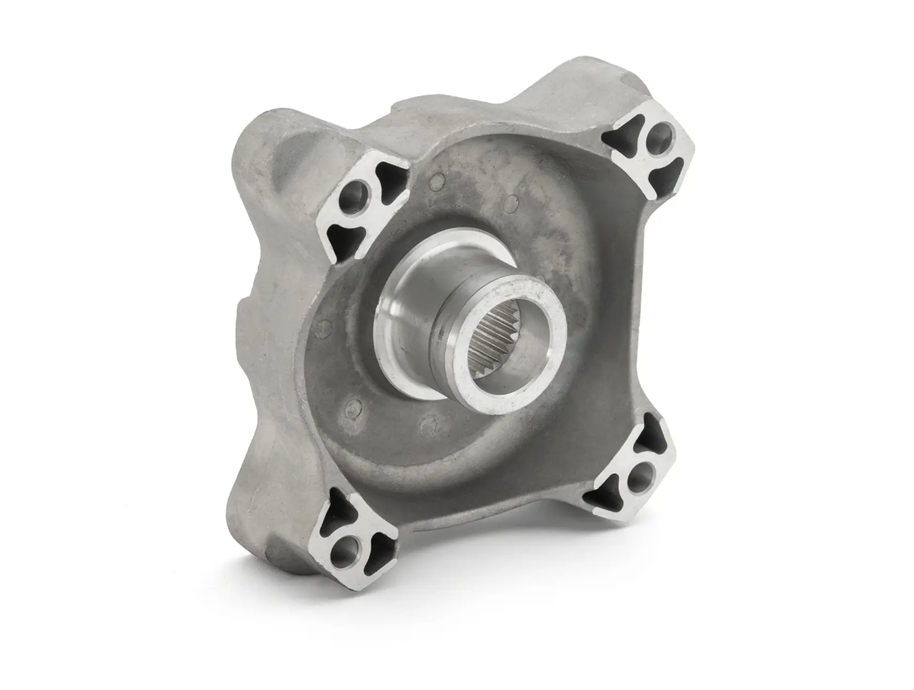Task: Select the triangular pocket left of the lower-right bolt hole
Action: pyautogui.click(x=607, y=487)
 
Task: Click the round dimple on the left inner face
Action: pyautogui.click(x=324, y=327)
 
